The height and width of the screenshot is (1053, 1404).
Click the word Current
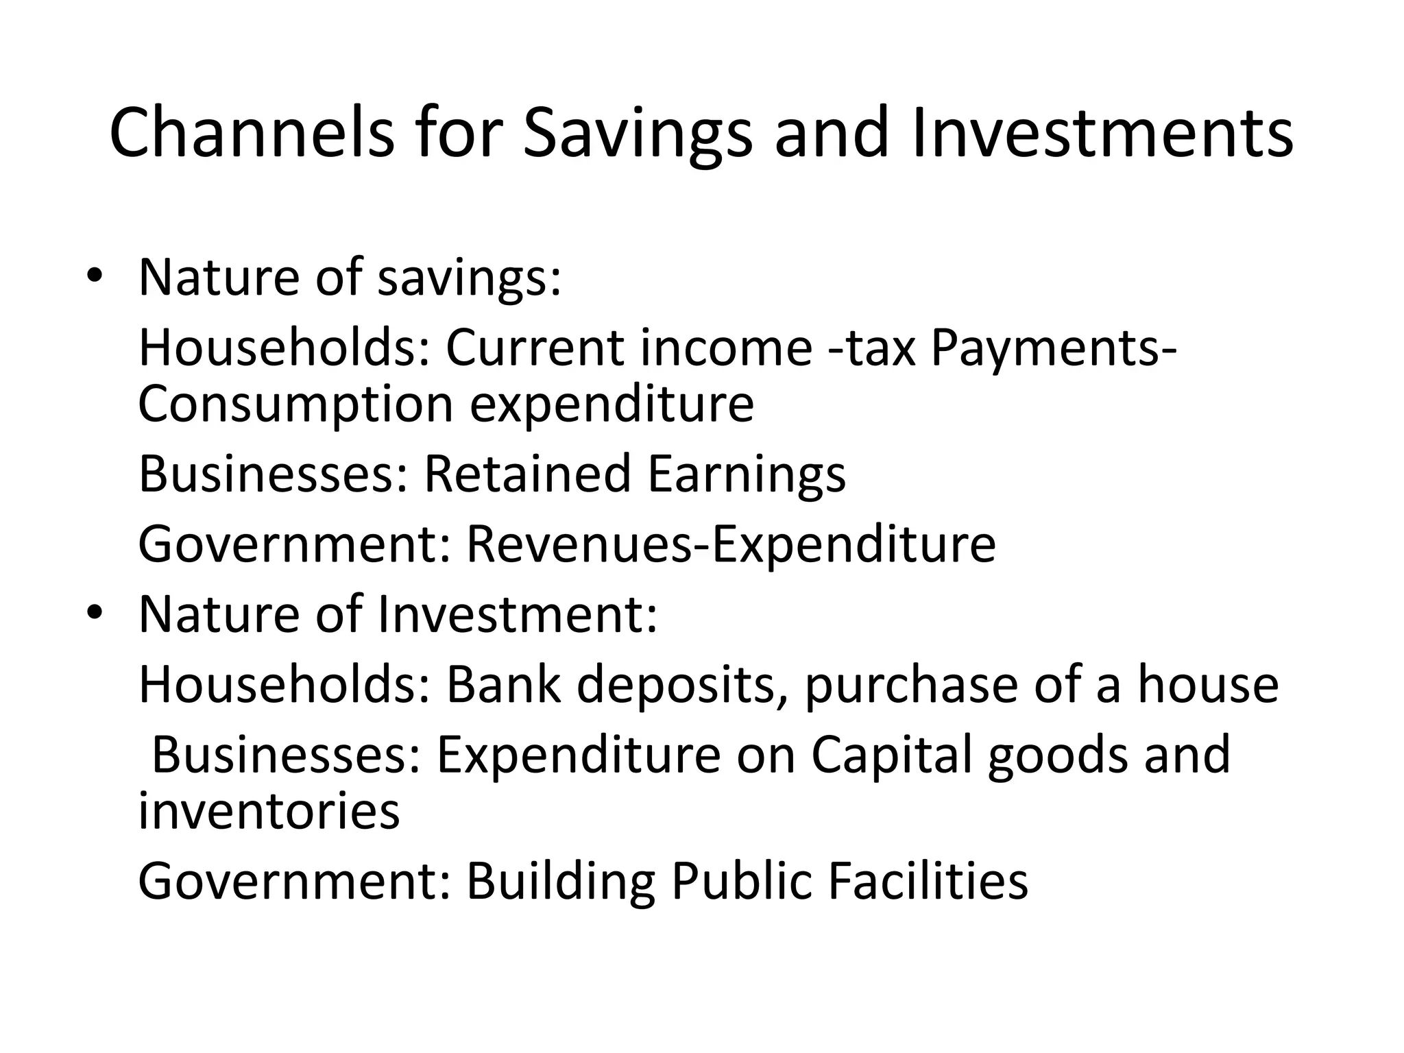(535, 347)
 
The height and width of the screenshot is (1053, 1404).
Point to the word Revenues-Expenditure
(731, 544)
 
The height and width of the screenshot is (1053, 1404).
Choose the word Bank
(504, 683)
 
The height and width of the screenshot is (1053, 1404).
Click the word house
(1208, 683)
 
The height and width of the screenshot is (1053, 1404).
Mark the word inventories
(269, 810)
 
